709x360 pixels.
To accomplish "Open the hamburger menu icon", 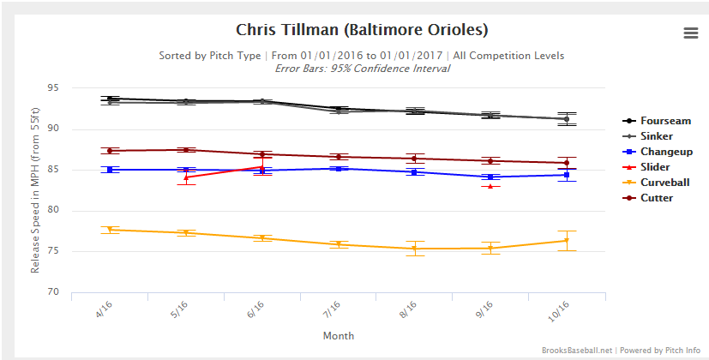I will pos(691,33).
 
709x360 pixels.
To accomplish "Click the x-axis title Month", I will pos(338,336).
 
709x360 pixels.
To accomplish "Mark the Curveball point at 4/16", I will pos(111,230).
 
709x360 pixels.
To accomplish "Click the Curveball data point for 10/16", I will pos(566,240).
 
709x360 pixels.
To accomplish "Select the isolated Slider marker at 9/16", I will pos(490,186).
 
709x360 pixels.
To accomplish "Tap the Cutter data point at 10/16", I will pos(566,163).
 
